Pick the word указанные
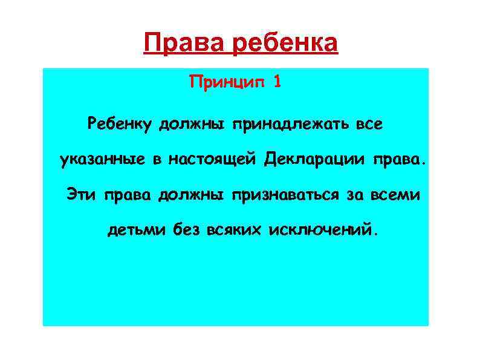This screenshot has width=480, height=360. [x=102, y=160]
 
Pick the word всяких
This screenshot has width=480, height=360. [x=233, y=231]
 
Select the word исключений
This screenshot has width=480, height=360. [x=324, y=231]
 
